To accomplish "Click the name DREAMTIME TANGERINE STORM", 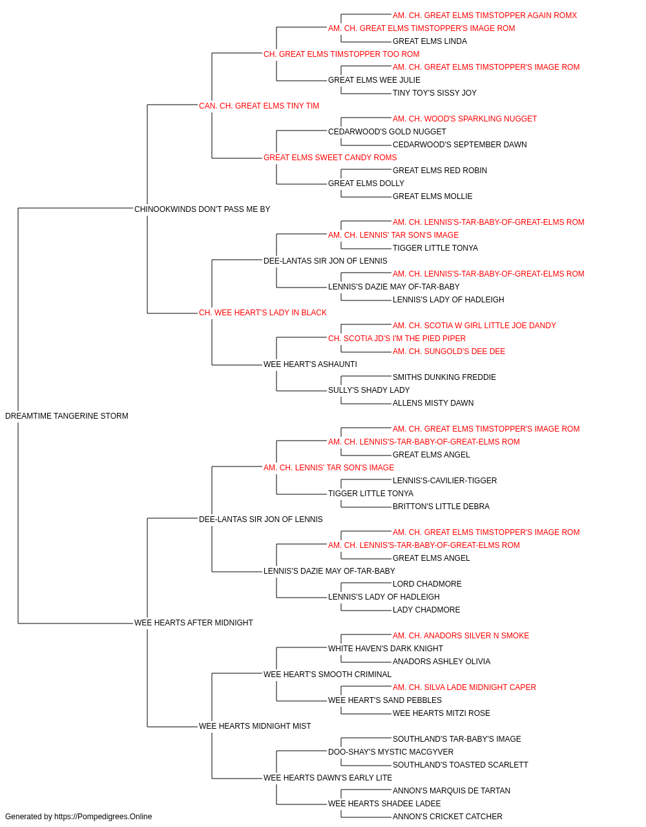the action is click(x=67, y=416).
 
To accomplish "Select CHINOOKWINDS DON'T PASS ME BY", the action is click(x=202, y=209).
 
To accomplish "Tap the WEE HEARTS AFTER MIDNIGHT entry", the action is click(x=193, y=623).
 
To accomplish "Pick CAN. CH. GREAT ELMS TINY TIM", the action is click(x=258, y=106).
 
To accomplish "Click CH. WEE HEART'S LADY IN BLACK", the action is click(x=262, y=313).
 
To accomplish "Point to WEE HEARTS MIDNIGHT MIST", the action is click(x=255, y=726).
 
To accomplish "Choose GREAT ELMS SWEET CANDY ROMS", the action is click(x=330, y=158).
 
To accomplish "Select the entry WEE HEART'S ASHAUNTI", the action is click(x=310, y=364).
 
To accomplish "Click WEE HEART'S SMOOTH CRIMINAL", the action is click(x=327, y=675).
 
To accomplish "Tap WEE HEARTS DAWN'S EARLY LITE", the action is click(x=328, y=778).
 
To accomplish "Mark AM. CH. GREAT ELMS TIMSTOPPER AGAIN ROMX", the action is click(x=484, y=16).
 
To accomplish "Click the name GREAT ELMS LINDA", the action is click(x=430, y=41).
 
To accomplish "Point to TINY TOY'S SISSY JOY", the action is click(x=435, y=93).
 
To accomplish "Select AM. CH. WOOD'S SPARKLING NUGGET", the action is click(x=464, y=119).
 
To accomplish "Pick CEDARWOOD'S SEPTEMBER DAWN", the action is click(x=459, y=145).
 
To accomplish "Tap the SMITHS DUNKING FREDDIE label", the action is click(x=444, y=377).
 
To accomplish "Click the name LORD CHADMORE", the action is click(x=427, y=584).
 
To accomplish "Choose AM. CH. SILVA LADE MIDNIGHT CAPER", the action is click(x=464, y=687).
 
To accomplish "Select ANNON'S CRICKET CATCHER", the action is click(x=448, y=817).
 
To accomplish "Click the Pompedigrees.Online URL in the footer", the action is click(x=103, y=817).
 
